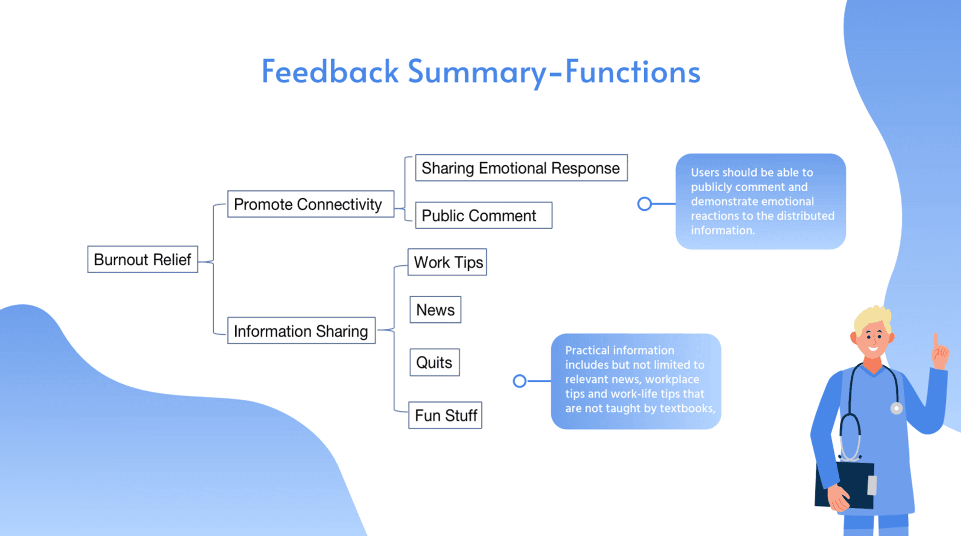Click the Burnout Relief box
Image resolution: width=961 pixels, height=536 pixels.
[143, 259]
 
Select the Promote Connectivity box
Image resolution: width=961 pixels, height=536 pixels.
[310, 204]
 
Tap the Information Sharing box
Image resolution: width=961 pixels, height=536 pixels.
[301, 331]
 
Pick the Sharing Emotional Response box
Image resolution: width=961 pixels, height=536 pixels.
[521, 168]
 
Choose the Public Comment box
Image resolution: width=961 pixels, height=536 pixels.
[483, 216]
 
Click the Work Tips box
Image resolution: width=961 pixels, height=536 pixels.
[447, 262]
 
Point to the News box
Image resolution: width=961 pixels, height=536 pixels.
[435, 310]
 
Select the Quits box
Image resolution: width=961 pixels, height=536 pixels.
[434, 362]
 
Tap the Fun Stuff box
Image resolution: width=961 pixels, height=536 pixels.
[445, 415]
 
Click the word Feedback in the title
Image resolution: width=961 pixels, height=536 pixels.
[330, 72]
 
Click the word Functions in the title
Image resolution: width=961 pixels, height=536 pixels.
[633, 72]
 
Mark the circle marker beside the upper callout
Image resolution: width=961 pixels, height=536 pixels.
[645, 204]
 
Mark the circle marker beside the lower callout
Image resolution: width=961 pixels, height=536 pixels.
[520, 381]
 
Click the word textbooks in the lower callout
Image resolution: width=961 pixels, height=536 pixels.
[687, 408]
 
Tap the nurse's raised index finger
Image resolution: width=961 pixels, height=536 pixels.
[935, 340]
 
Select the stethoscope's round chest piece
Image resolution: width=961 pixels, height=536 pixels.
[896, 408]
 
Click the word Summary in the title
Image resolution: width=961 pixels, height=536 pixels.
[477, 72]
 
